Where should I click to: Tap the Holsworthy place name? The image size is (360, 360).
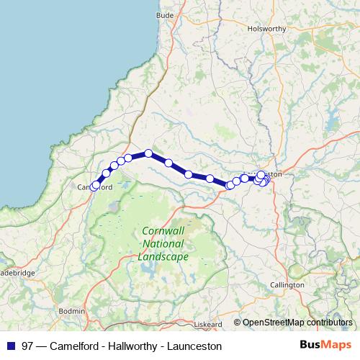(267, 29)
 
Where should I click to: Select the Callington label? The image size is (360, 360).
(287, 285)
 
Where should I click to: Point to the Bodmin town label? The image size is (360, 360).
(71, 310)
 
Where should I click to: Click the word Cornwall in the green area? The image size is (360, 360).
(163, 231)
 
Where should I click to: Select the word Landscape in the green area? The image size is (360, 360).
(163, 256)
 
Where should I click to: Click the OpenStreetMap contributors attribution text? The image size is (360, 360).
(297, 323)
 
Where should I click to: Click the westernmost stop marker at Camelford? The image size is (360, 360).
(94, 187)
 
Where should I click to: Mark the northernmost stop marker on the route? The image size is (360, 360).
(148, 153)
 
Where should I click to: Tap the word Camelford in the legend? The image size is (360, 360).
(78, 346)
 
